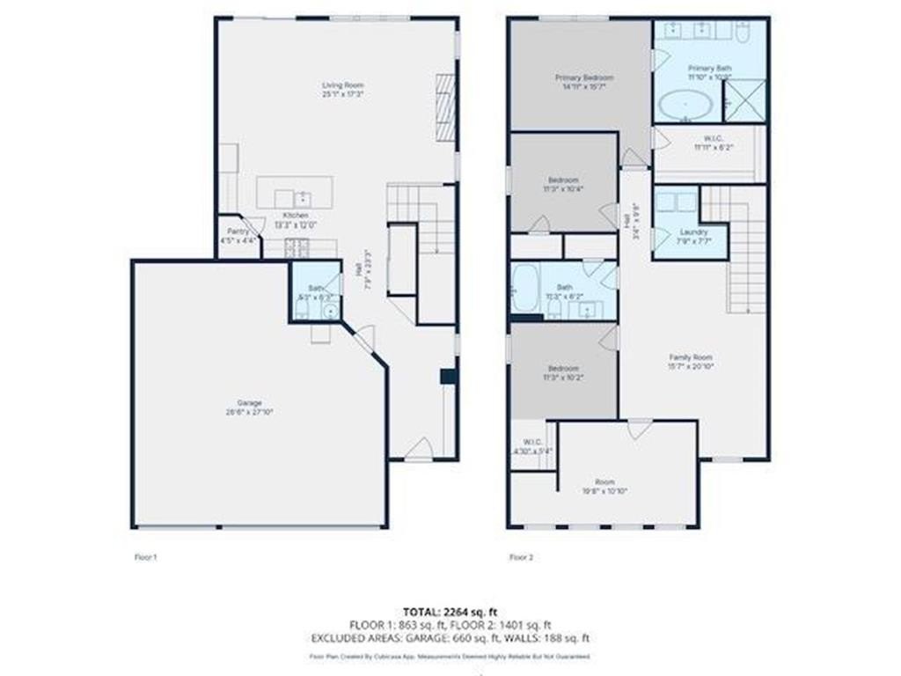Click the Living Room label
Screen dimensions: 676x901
(342, 84)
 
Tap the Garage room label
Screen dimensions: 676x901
(249, 402)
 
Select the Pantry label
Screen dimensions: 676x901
(238, 231)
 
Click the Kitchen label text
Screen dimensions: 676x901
(295, 216)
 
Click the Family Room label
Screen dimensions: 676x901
(691, 357)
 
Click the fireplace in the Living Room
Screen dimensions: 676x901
(446, 107)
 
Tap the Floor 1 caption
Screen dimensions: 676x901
(144, 556)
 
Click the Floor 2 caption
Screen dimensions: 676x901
(521, 556)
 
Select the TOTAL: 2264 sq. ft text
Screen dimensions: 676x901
(450, 611)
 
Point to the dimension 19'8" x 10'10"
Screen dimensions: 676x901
(604, 490)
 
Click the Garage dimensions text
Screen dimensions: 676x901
(249, 411)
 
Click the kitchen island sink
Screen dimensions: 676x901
(303, 197)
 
